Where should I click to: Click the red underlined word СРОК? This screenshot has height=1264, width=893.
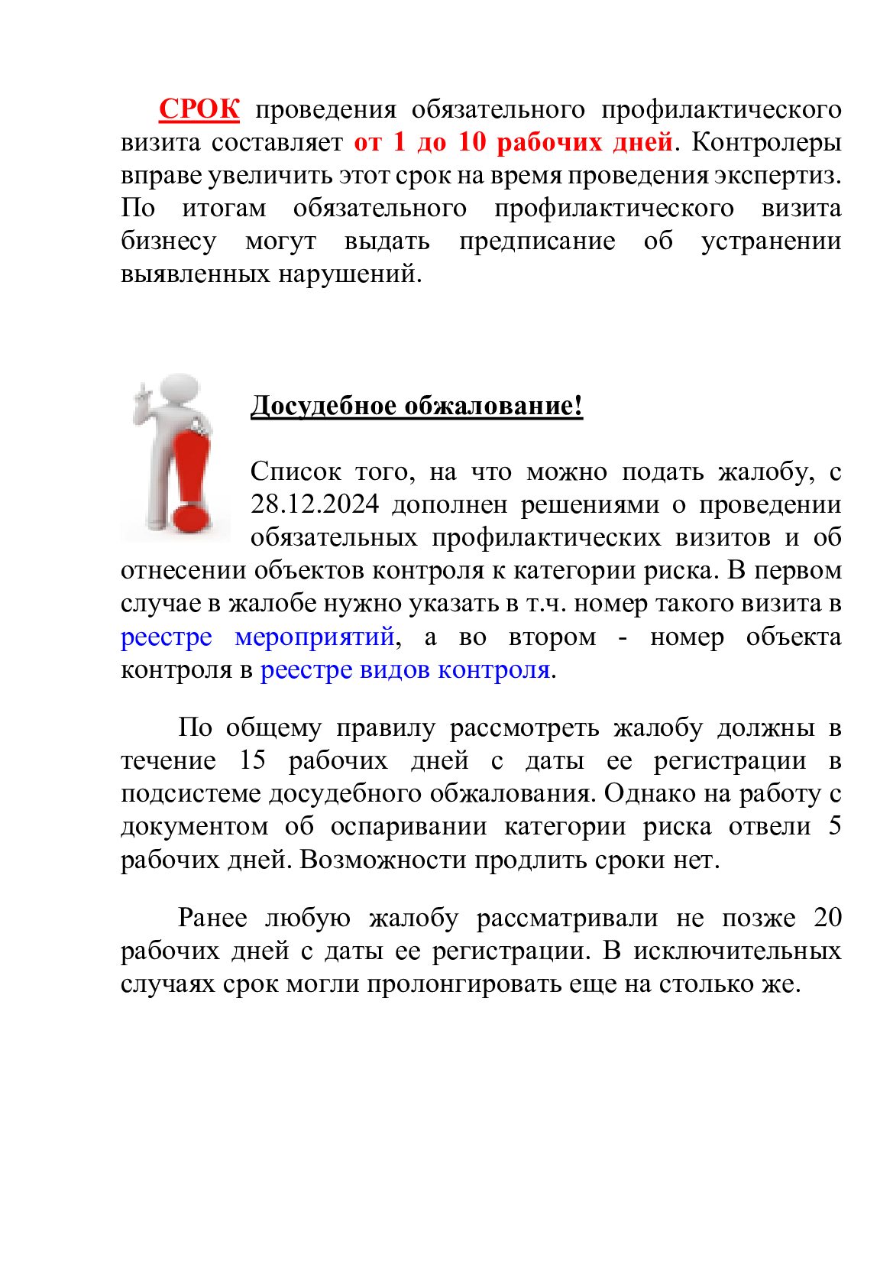[199, 109]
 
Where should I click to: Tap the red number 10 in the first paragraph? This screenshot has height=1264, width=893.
[471, 142]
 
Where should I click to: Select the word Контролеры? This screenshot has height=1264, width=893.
[765, 142]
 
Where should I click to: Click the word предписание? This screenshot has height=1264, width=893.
[536, 241]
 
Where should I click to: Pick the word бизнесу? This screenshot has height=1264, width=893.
[168, 241]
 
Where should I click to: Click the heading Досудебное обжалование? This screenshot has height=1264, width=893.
[416, 405]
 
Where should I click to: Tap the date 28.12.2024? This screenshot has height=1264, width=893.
[314, 504]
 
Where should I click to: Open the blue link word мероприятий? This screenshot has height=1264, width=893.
[314, 637]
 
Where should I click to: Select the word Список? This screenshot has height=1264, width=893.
[295, 472]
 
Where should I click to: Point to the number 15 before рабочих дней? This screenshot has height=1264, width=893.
[253, 760]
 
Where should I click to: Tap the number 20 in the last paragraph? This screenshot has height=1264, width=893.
[827, 917]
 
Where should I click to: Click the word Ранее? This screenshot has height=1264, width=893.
[212, 917]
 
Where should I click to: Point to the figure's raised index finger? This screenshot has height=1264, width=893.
[141, 391]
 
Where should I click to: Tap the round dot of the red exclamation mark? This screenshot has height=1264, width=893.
[191, 517]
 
